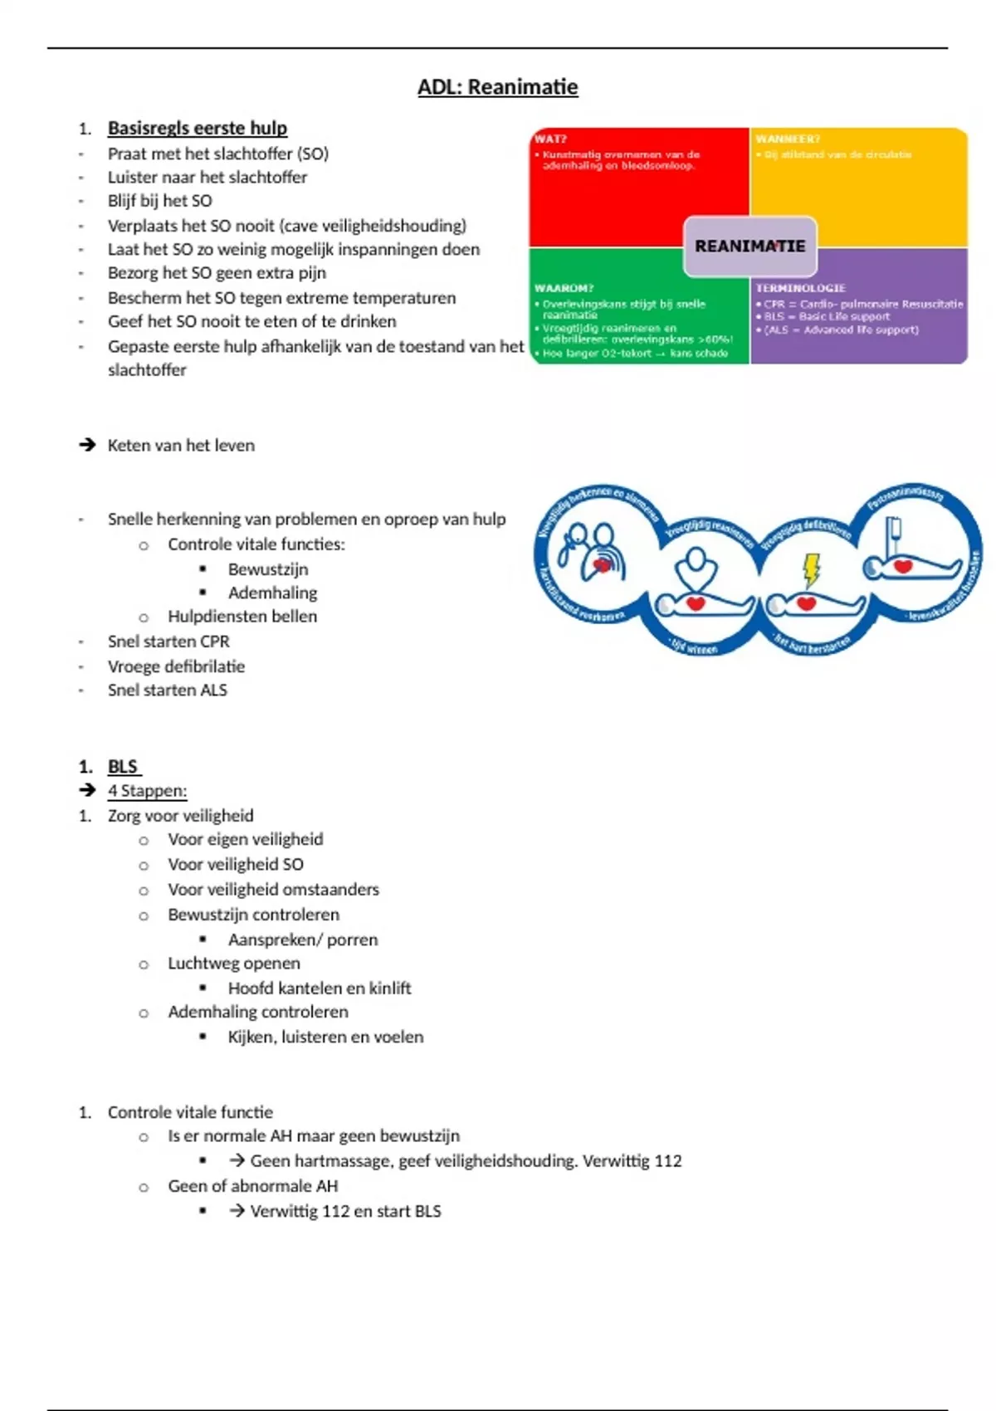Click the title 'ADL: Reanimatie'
[x=497, y=87]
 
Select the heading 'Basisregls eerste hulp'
[x=198, y=128]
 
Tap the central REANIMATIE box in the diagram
[x=749, y=247]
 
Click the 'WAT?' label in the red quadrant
[x=550, y=139]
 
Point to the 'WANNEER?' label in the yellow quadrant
[x=788, y=139]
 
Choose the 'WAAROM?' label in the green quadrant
[x=564, y=288]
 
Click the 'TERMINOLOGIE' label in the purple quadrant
[x=800, y=288]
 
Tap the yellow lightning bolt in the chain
[x=811, y=570]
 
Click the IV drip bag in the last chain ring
[x=896, y=531]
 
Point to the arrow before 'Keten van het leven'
[x=87, y=445]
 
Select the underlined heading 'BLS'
[x=123, y=767]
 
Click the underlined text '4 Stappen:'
[x=147, y=791]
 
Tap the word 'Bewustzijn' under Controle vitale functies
[x=268, y=569]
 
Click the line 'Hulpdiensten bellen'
[x=242, y=617]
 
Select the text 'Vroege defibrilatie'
[x=176, y=666]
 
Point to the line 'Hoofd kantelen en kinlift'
[x=320, y=989]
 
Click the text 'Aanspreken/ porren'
[x=303, y=940]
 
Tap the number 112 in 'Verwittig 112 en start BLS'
[x=335, y=1212]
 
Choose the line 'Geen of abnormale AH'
[x=253, y=1186]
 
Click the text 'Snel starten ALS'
[x=167, y=691]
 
